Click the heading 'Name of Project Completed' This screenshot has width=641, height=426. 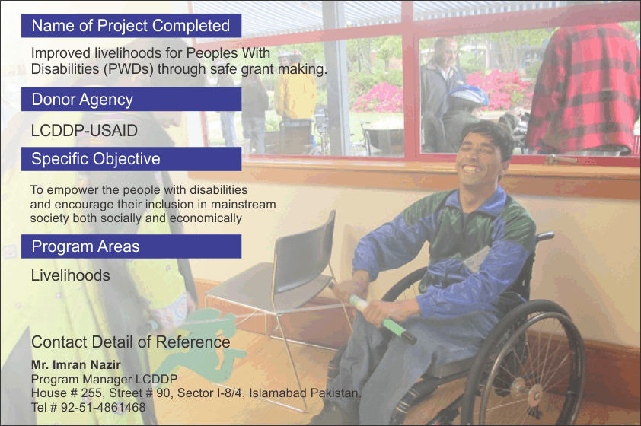[130, 26]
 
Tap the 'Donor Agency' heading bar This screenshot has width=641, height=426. [131, 99]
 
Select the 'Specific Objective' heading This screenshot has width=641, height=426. [96, 159]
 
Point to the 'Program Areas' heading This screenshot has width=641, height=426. [85, 246]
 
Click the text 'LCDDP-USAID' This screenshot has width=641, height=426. [85, 131]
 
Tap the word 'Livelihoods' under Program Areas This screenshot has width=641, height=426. [70, 275]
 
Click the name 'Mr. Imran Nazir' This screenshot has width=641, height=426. [76, 364]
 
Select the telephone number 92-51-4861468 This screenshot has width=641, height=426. [103, 407]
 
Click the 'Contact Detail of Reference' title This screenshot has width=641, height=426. [130, 342]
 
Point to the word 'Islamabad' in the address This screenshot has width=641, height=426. [278, 393]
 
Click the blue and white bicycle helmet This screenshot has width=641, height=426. [468, 96]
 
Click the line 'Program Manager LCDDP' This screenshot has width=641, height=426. [104, 380]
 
